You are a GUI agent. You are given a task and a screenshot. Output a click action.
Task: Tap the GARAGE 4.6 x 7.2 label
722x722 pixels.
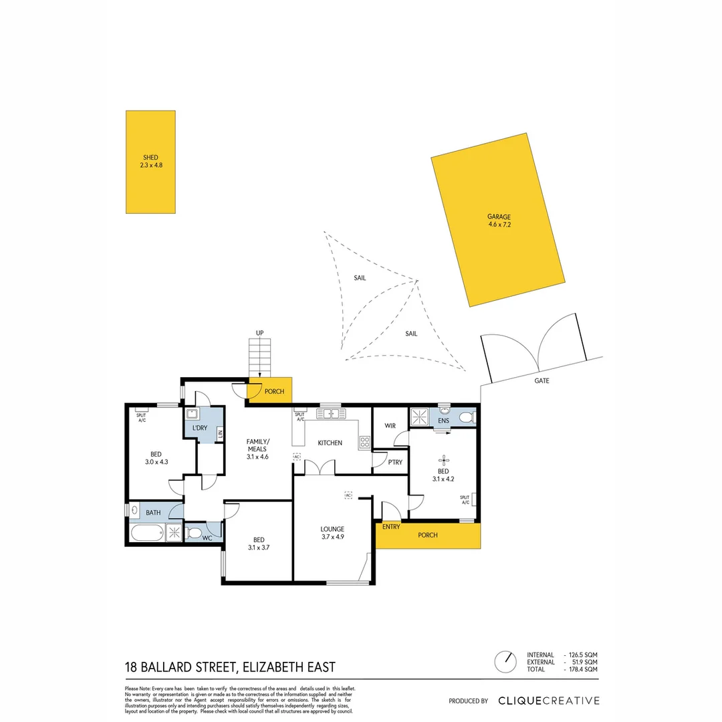pyautogui.click(x=499, y=221)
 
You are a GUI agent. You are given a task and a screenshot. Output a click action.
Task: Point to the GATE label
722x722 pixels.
pyautogui.click(x=541, y=380)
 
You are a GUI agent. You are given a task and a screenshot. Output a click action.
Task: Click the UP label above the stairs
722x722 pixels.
pyautogui.click(x=259, y=332)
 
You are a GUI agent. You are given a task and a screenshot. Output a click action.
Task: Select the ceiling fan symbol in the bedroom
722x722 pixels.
pyautogui.click(x=443, y=459)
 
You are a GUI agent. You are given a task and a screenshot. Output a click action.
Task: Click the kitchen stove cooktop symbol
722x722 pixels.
pyautogui.click(x=365, y=442)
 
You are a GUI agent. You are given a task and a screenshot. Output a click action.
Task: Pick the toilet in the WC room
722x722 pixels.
pyautogui.click(x=193, y=533)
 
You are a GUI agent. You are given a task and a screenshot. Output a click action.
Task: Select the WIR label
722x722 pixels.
pyautogui.click(x=391, y=426)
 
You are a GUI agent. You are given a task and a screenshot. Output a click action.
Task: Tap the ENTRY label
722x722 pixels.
pyautogui.click(x=391, y=527)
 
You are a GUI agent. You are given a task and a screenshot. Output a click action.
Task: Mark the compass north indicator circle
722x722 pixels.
pyautogui.click(x=505, y=661)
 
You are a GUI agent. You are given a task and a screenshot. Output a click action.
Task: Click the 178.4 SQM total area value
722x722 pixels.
pyautogui.click(x=581, y=669)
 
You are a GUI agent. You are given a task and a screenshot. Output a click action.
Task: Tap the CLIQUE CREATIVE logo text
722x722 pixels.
pyautogui.click(x=548, y=701)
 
